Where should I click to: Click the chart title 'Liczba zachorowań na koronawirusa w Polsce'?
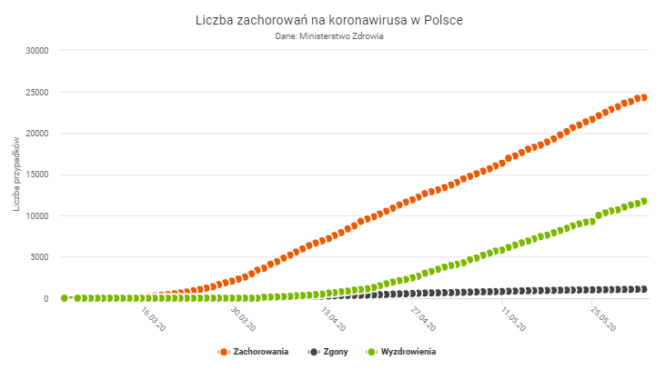pos(333,19)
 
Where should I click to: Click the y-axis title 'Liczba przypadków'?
pos(16,175)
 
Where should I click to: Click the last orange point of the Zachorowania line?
pos(643,97)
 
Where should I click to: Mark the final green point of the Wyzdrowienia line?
pos(643,201)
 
